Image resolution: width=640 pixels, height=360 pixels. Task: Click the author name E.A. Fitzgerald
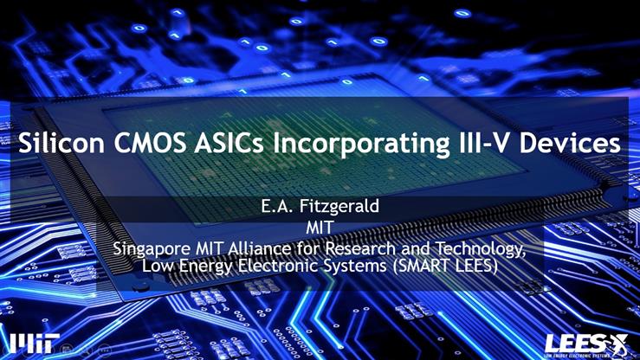320,208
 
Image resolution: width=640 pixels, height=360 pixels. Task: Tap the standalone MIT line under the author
320,229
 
